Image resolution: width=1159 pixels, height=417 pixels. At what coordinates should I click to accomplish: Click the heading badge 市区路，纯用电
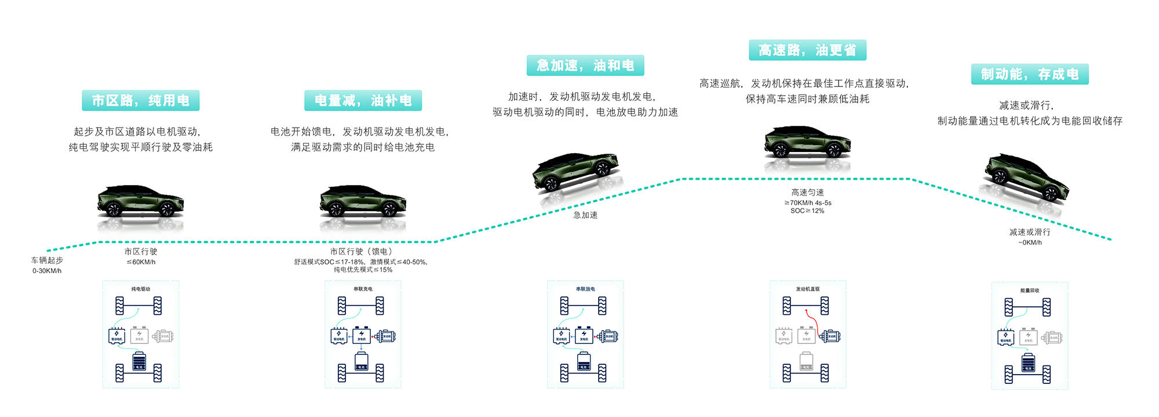click(141, 100)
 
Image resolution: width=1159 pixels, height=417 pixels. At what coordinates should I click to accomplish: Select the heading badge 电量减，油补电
click(363, 100)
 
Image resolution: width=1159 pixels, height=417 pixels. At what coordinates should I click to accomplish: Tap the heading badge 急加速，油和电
click(585, 66)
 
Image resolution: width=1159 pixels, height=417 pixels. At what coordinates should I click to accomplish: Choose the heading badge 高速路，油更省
click(807, 50)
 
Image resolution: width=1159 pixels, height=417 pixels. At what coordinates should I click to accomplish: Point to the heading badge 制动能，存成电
click(1030, 74)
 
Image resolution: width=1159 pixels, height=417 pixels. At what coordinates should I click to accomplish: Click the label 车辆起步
click(47, 260)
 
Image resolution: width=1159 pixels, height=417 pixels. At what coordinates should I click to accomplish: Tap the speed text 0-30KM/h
click(47, 271)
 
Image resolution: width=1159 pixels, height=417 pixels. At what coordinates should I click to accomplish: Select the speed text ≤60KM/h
click(141, 262)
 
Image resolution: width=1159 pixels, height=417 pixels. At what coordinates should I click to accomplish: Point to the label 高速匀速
click(807, 193)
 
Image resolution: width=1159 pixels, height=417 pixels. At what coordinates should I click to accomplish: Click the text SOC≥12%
click(807, 211)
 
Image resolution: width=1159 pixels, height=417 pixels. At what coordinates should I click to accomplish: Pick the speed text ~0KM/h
click(1030, 242)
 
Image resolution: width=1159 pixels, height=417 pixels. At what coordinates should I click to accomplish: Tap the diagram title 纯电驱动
click(141, 289)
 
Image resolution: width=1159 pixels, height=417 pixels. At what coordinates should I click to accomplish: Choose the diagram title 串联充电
click(363, 289)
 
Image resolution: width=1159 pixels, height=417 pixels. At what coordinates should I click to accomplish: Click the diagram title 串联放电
click(585, 289)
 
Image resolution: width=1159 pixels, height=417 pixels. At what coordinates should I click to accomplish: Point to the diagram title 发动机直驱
click(807, 289)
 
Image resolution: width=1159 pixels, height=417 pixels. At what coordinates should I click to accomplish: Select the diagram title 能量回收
click(1030, 291)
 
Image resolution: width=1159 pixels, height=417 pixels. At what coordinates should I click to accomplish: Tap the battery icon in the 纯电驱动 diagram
click(139, 361)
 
